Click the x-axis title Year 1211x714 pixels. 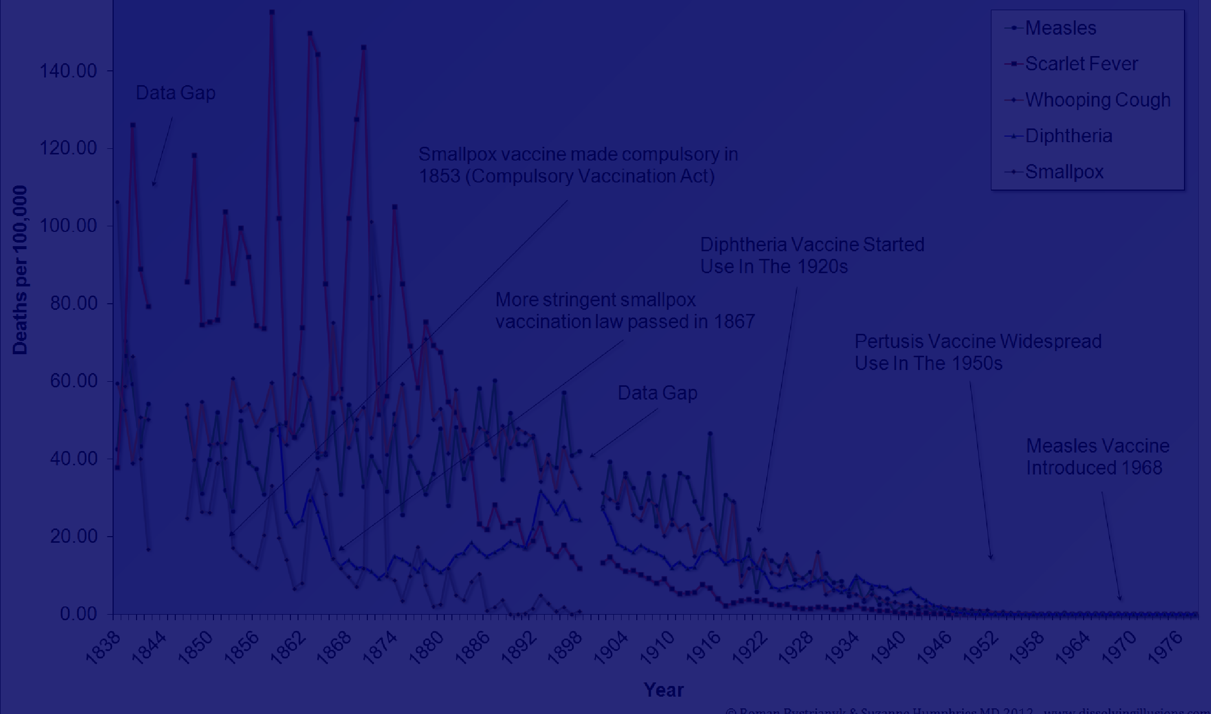click(x=663, y=690)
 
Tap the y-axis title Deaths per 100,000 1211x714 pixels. click(x=20, y=270)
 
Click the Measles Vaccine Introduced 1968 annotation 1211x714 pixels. click(x=1097, y=457)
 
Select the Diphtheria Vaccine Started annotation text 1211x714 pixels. click(x=812, y=255)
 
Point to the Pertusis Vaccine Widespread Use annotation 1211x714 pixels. click(x=978, y=352)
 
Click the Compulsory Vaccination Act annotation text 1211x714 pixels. click(x=578, y=165)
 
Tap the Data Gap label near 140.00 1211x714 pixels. click(x=175, y=93)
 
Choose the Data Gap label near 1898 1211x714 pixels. click(x=657, y=393)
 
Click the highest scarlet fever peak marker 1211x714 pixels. click(x=272, y=12)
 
